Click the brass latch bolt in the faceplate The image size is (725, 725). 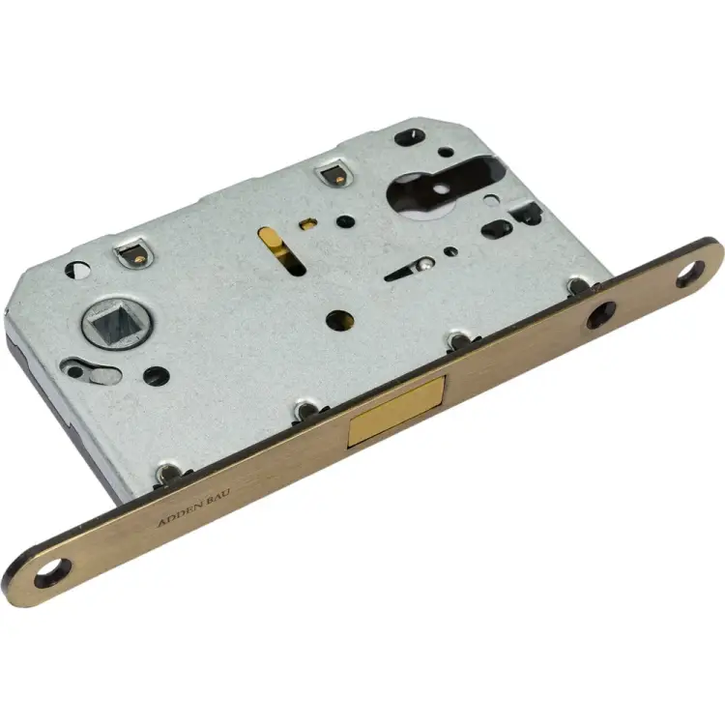pos(396,411)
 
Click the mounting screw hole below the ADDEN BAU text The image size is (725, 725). pos(50,575)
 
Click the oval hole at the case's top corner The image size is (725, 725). pos(410,135)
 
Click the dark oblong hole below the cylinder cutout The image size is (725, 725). pos(497,230)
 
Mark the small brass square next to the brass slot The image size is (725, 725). pos(306,224)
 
